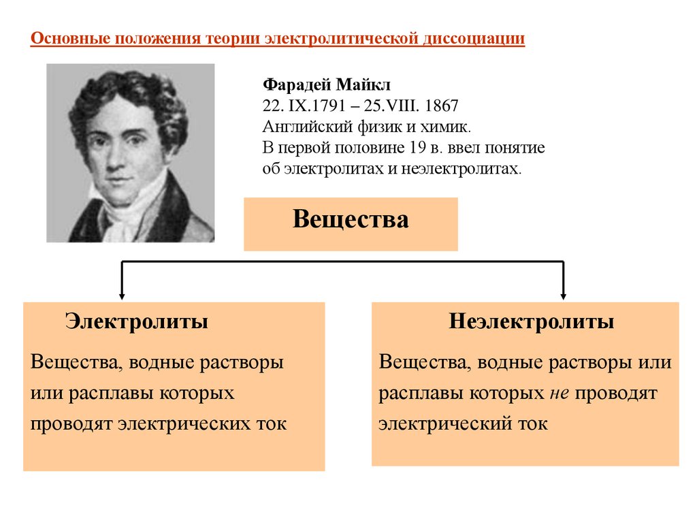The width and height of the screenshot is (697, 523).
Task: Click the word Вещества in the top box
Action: (x=351, y=220)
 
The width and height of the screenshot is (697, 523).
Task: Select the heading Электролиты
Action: (x=137, y=321)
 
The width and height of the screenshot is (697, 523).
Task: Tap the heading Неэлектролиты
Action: (x=532, y=321)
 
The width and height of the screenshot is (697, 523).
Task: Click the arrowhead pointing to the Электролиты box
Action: (x=122, y=295)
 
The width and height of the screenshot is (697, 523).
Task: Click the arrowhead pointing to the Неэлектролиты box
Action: (x=564, y=295)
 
